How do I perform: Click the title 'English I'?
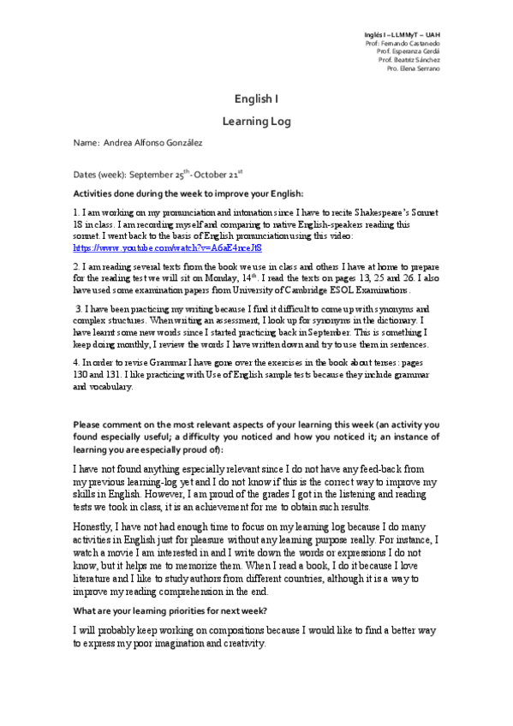[256, 99]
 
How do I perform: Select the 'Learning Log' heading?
[256, 122]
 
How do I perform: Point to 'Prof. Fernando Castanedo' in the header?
[403, 42]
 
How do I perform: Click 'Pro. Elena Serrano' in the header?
[414, 68]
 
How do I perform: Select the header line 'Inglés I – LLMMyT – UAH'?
[402, 33]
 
